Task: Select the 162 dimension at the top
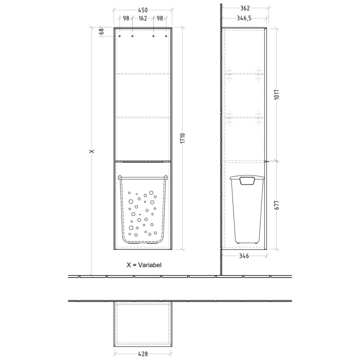coord(142,19)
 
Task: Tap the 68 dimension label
coord(102,32)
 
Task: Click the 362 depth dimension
coord(244,8)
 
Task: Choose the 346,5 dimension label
coord(244,18)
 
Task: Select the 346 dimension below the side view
coord(244,256)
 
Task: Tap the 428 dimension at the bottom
coord(142,354)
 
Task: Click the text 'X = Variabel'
coord(145,265)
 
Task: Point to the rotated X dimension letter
coord(92,152)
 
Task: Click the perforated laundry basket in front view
coord(142,208)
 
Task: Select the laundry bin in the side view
coord(247,208)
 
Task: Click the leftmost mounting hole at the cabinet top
coord(120,37)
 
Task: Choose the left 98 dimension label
coord(125,19)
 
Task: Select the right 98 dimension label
coord(159,19)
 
